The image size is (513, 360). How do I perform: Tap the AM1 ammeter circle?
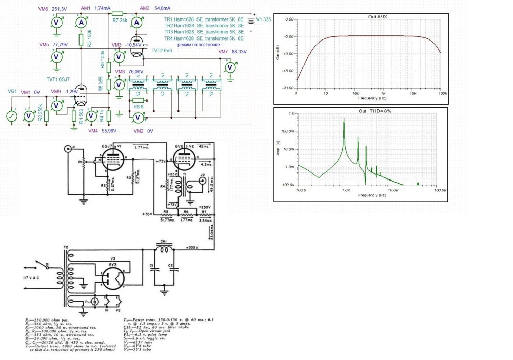[x=81, y=23]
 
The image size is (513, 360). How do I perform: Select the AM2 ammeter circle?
[x=137, y=23]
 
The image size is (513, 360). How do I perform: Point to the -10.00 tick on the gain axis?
[x=288, y=54]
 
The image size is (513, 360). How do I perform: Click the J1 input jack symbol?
[x=68, y=149]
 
